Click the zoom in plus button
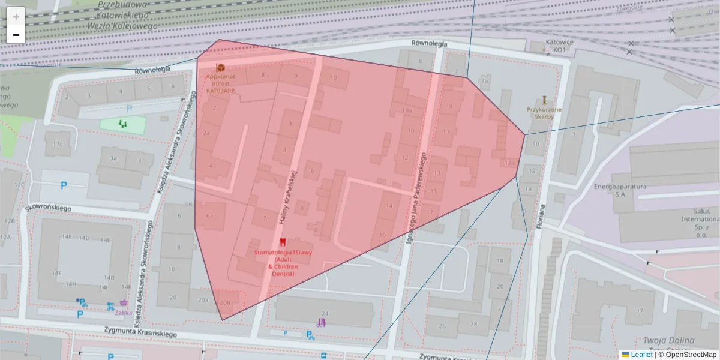click(16, 17)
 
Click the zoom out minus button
click(16, 35)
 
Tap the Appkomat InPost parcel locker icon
click(220, 67)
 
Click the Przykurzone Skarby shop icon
click(544, 100)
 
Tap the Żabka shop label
click(124, 312)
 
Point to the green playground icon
click(123, 124)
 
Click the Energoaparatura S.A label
click(618, 190)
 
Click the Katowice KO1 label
click(559, 46)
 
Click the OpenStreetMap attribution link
click(691, 355)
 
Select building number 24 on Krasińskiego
click(325, 313)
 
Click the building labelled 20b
click(225, 302)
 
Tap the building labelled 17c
click(58, 143)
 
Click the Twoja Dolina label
click(668, 340)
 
